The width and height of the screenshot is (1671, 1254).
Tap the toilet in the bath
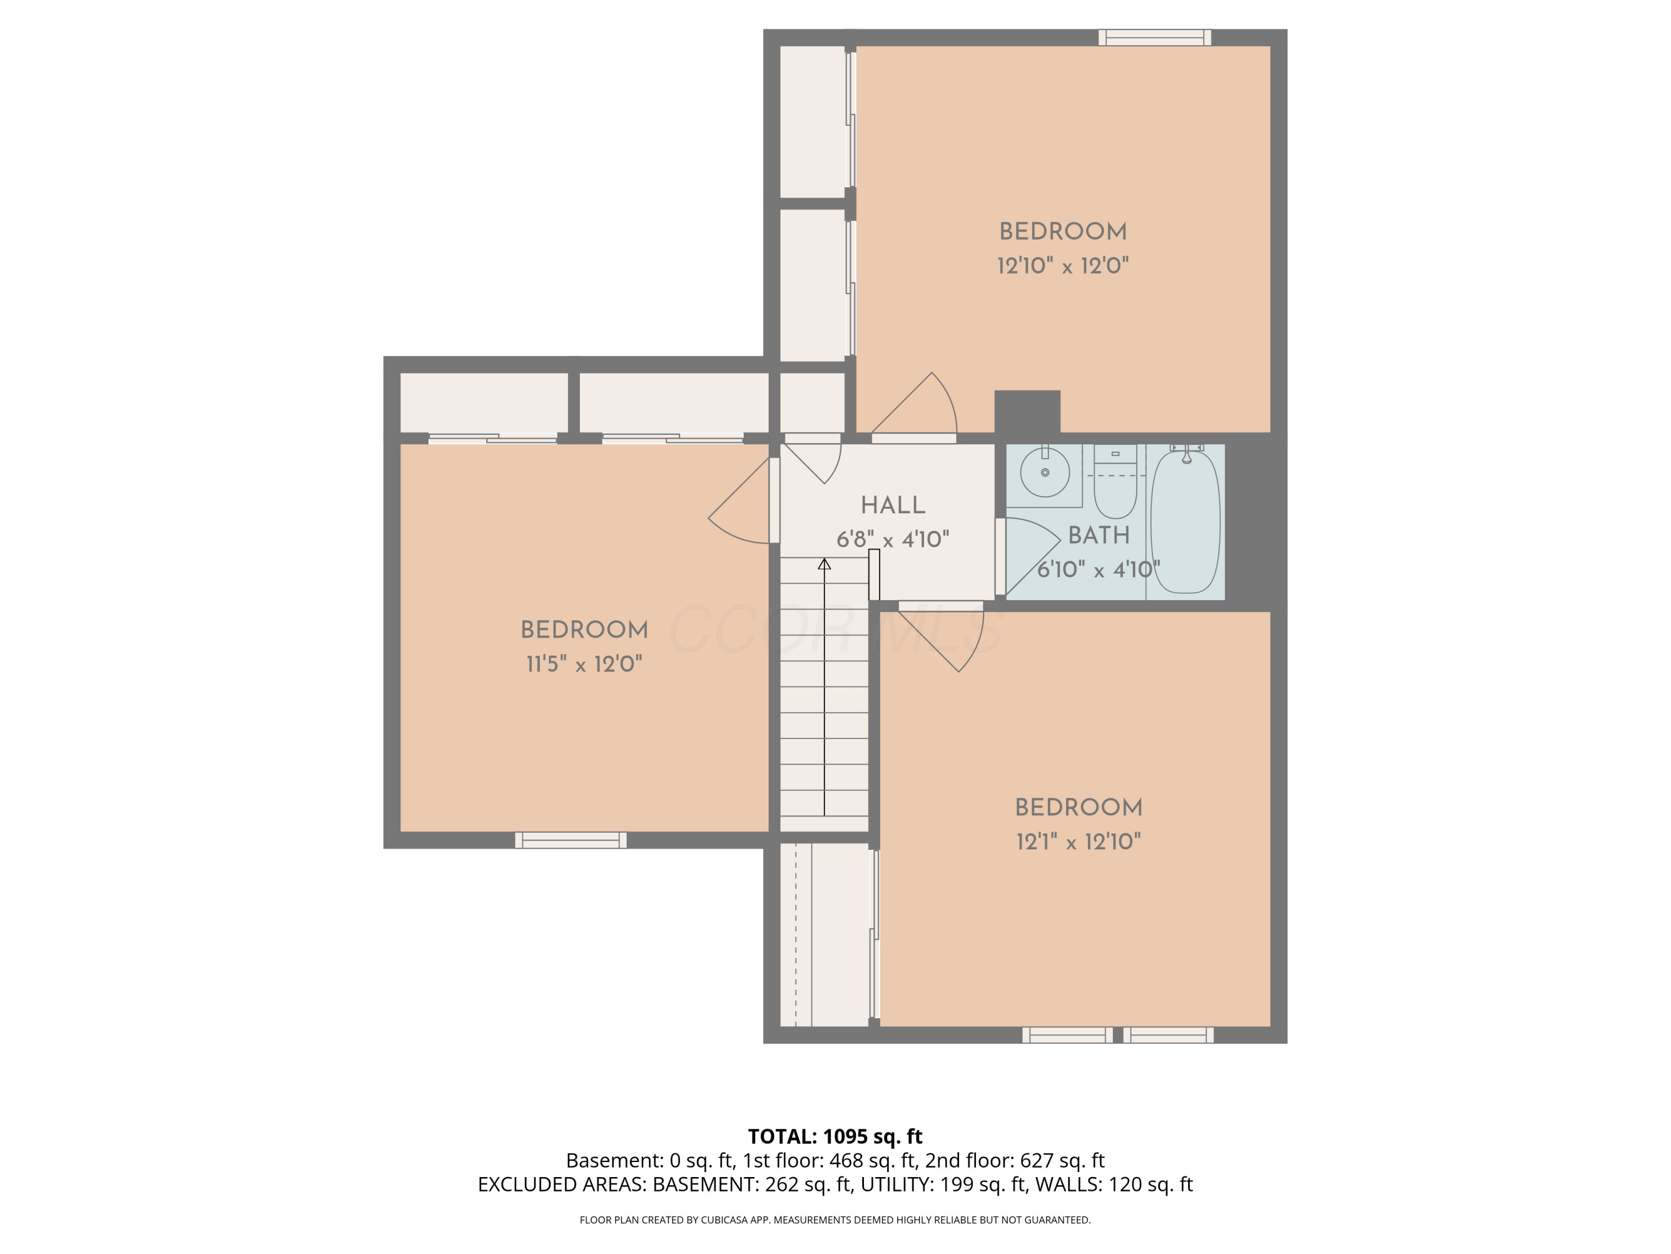pyautogui.click(x=1115, y=488)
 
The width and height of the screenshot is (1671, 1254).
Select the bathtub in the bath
pyautogui.click(x=1185, y=522)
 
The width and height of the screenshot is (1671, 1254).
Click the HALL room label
pyautogui.click(x=892, y=505)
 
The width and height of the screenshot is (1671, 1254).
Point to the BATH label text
pyautogui.click(x=1098, y=535)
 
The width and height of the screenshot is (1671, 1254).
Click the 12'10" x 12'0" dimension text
pyautogui.click(x=1062, y=266)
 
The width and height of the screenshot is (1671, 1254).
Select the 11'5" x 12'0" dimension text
pyautogui.click(x=584, y=664)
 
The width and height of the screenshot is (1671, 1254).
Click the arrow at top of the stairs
pyautogui.click(x=824, y=564)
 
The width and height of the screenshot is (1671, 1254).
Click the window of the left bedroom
pyautogui.click(x=570, y=840)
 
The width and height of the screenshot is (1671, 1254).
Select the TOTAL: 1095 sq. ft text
pyautogui.click(x=835, y=1136)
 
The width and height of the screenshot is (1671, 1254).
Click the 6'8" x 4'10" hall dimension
pyautogui.click(x=892, y=539)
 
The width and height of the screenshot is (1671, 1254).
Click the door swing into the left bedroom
pyautogui.click(x=736, y=510)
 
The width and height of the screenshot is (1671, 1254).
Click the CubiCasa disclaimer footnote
pyautogui.click(x=835, y=1220)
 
